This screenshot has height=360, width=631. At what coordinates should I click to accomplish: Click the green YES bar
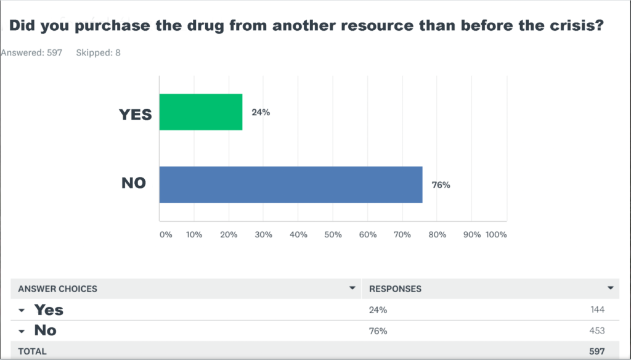pyautogui.click(x=201, y=112)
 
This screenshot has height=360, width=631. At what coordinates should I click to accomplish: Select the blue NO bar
pyautogui.click(x=291, y=184)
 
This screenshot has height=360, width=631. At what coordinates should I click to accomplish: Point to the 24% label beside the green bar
pyautogui.click(x=261, y=112)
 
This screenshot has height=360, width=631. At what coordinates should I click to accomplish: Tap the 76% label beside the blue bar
pyautogui.click(x=441, y=185)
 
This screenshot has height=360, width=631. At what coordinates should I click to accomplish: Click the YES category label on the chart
pyautogui.click(x=135, y=115)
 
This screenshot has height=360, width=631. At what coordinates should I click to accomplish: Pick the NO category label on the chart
pyautogui.click(x=134, y=183)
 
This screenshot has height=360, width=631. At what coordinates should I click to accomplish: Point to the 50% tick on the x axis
pyautogui.click(x=333, y=235)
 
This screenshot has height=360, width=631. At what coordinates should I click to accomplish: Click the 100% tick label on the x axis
pyautogui.click(x=496, y=235)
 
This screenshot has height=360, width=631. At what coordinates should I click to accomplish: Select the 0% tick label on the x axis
pyautogui.click(x=166, y=235)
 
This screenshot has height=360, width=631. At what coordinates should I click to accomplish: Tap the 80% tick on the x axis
pyautogui.click(x=437, y=235)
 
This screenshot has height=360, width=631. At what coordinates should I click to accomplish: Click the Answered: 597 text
pyautogui.click(x=31, y=53)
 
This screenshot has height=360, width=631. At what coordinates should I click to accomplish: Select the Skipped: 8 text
pyautogui.click(x=98, y=53)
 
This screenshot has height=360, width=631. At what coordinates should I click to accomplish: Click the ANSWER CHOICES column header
pyautogui.click(x=57, y=288)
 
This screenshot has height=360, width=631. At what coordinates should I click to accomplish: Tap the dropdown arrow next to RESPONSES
pyautogui.click(x=611, y=288)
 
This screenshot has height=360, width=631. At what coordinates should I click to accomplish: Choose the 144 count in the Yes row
pyautogui.click(x=598, y=309)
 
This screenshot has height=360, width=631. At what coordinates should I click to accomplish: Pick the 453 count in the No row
pyautogui.click(x=597, y=330)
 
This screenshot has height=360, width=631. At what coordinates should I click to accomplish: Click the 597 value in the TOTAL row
pyautogui.click(x=597, y=351)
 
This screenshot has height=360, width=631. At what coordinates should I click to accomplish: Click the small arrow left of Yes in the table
pyautogui.click(x=22, y=311)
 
